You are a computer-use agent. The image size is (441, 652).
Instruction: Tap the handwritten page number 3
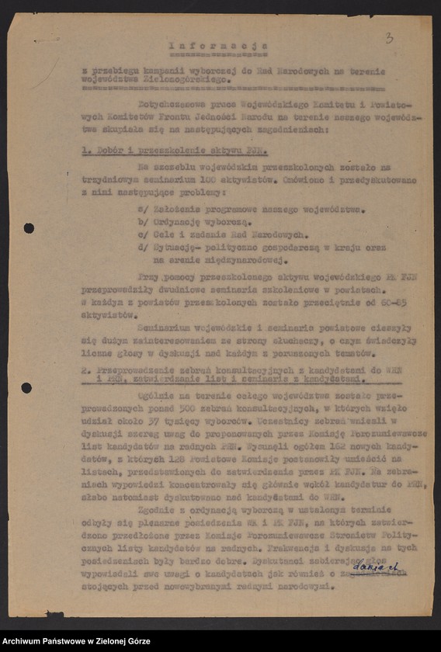[x=389, y=36]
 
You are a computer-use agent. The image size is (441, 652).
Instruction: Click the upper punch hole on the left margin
[x=29, y=227]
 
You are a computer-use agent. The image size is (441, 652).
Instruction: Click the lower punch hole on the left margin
[x=26, y=387]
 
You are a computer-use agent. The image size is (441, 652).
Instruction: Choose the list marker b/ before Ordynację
[x=141, y=221]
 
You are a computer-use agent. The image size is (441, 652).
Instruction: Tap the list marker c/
[x=141, y=234]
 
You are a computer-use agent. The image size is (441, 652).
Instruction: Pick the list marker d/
[x=141, y=247]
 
